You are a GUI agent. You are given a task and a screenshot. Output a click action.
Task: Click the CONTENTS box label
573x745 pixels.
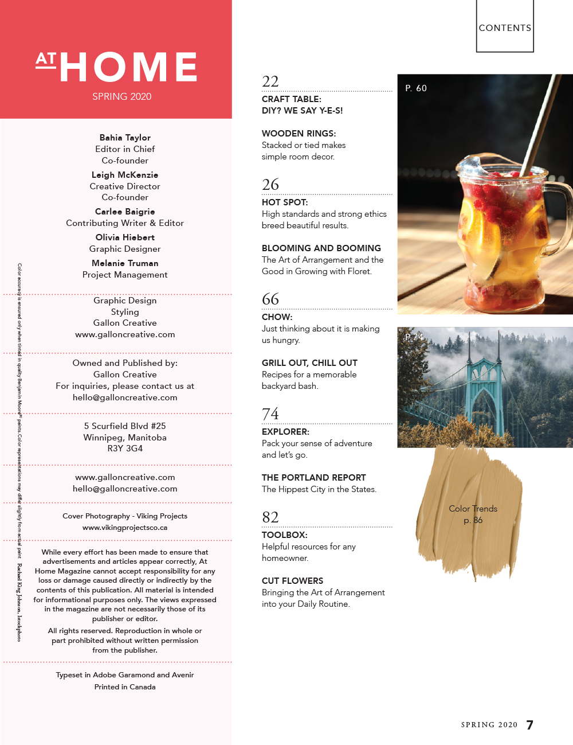[x=505, y=28]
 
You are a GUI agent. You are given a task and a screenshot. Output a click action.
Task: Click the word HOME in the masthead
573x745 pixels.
[x=128, y=67]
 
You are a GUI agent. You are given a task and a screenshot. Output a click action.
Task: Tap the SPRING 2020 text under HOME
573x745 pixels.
[x=121, y=96]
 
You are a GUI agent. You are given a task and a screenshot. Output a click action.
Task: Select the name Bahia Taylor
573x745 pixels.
[x=125, y=138]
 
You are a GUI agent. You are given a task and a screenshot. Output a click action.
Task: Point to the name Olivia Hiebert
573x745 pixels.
[x=125, y=237]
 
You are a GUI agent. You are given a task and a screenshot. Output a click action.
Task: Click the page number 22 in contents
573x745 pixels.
[x=270, y=81]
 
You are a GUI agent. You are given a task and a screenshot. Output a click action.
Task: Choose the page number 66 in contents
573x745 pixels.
[x=270, y=299]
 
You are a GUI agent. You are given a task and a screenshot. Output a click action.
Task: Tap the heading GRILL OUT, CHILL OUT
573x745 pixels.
[x=309, y=363]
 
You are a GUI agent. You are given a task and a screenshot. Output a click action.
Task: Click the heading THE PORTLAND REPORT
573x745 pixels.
[x=313, y=478]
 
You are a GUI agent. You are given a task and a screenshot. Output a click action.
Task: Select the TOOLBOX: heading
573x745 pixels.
[x=284, y=535]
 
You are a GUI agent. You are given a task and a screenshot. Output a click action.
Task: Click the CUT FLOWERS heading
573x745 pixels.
[x=292, y=581]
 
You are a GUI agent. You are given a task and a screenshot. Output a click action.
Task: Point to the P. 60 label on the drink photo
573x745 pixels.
[x=416, y=88]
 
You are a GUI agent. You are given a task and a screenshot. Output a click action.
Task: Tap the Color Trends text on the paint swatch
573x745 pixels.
[x=473, y=509]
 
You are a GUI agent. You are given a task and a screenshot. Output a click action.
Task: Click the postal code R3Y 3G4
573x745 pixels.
[x=125, y=448]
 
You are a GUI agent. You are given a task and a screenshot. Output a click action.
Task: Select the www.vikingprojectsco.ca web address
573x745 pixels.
[x=125, y=528]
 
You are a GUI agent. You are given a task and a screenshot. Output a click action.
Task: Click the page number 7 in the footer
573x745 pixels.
[x=530, y=725]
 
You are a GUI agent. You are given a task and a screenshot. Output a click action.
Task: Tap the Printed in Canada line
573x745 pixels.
[x=125, y=687]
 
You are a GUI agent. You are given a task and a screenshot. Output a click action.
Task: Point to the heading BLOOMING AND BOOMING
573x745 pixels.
[x=321, y=248]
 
